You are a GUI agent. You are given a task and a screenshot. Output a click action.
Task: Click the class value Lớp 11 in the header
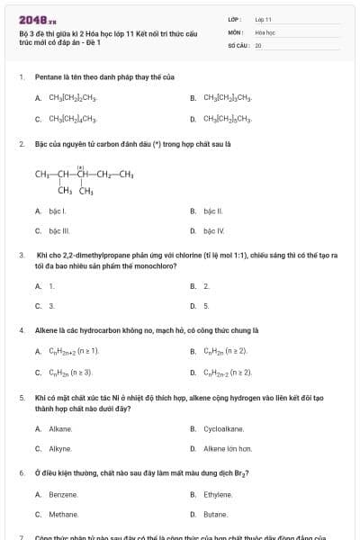[x=263, y=19]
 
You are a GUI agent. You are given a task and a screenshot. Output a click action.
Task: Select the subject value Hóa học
[x=265, y=31]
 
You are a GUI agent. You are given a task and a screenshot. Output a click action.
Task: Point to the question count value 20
[x=257, y=44]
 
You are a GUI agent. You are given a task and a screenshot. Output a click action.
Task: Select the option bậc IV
[x=213, y=231]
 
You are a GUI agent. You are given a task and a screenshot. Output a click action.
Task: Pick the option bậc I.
[x=58, y=211]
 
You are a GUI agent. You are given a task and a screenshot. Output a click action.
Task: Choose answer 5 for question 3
[x=206, y=306]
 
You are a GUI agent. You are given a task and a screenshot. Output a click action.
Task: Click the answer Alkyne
[x=60, y=448]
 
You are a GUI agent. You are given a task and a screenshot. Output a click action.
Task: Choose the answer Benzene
[x=63, y=494]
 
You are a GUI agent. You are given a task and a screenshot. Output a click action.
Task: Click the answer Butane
[x=215, y=515]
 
